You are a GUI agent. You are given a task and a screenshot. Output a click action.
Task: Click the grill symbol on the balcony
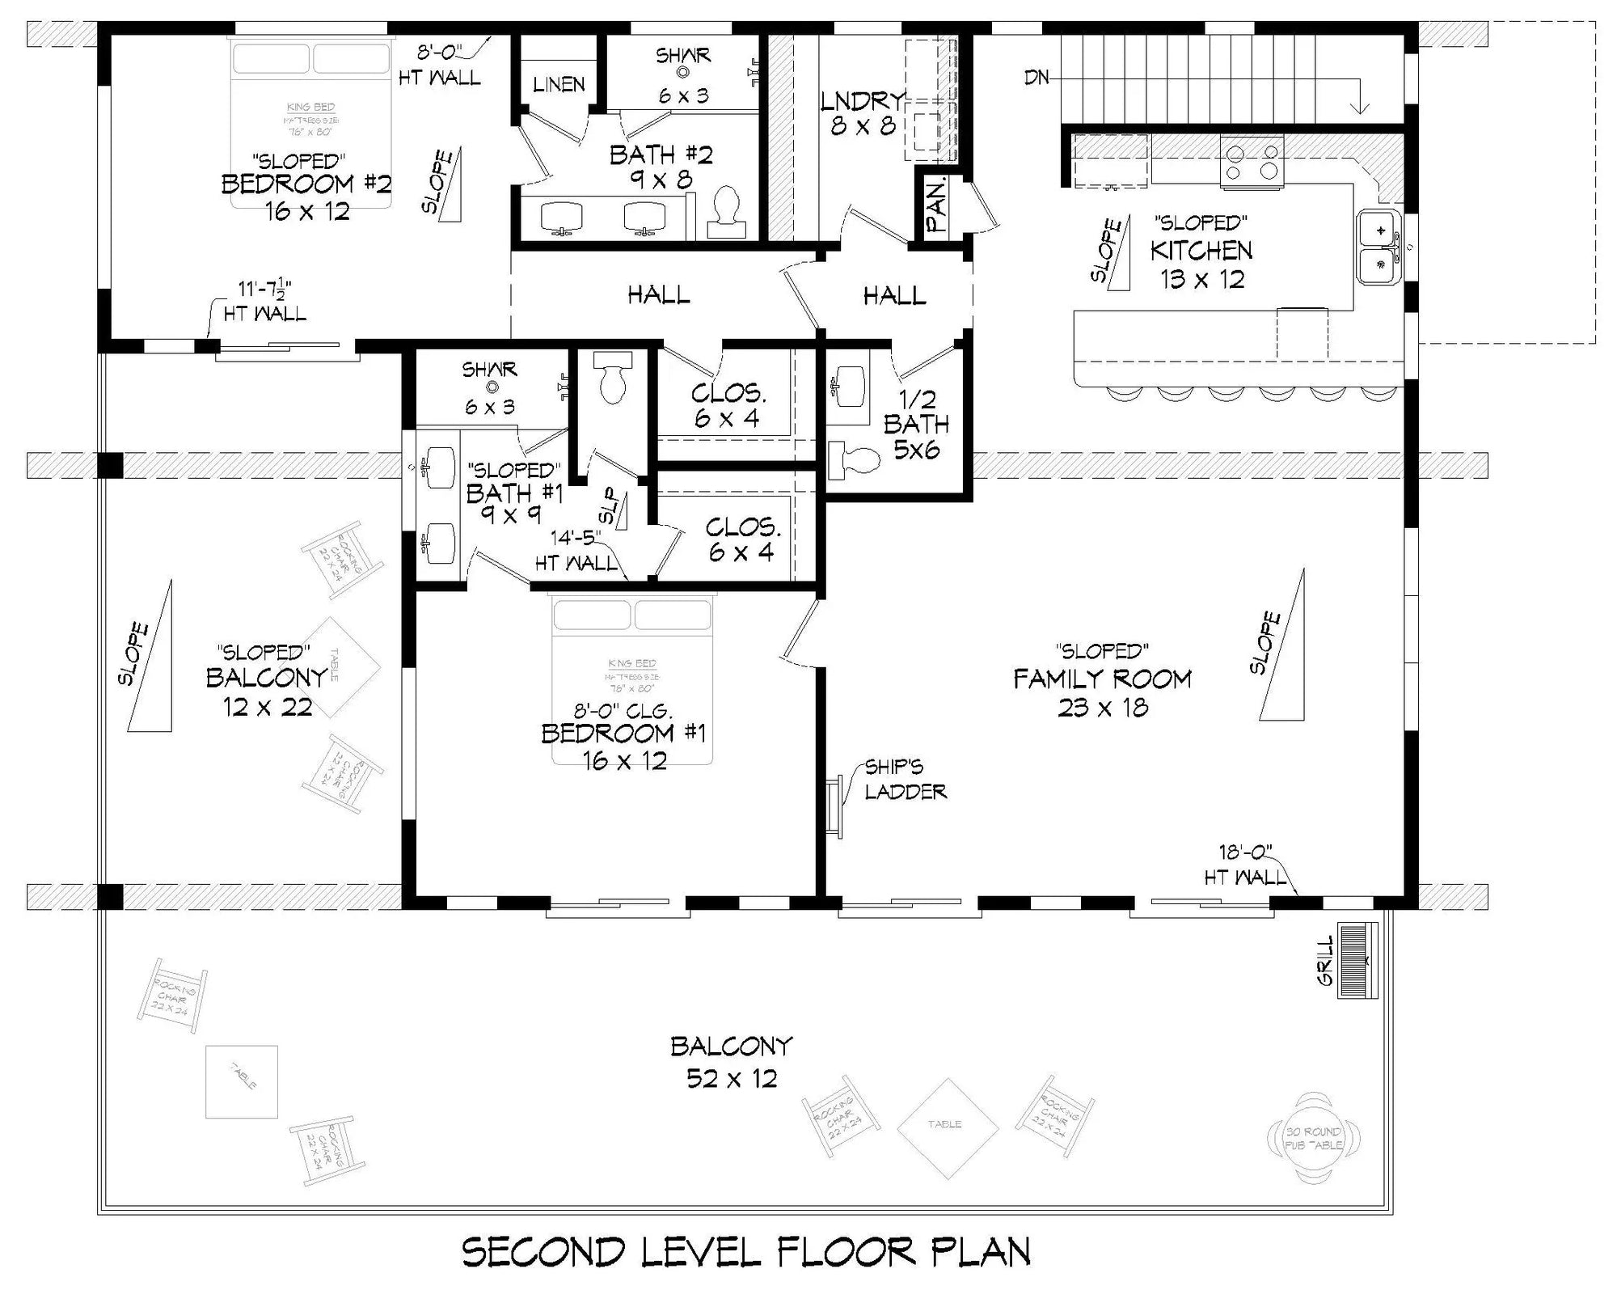point(1358,960)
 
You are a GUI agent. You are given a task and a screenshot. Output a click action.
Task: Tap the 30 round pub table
point(1314,1137)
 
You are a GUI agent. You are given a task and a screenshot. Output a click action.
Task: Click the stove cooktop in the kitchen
point(1252,162)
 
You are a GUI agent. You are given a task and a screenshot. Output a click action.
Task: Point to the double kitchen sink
point(1380,246)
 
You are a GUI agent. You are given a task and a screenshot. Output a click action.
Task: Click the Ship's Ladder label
point(904,779)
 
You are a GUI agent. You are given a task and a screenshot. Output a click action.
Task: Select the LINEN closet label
point(559,84)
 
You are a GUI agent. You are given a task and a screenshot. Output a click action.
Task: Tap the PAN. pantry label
point(936,206)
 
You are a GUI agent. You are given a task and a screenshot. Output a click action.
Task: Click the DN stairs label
point(1036,78)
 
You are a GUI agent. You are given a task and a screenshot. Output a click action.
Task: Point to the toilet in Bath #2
point(726,212)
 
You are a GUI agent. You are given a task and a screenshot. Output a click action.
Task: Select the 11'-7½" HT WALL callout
point(264,301)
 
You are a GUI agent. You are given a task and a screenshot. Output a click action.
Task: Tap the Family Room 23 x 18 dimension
point(1103,708)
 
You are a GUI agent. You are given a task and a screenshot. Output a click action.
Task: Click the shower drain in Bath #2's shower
point(683,73)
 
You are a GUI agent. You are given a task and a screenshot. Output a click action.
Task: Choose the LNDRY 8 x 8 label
point(862,112)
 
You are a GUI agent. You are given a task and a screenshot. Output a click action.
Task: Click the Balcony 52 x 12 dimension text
point(731,1078)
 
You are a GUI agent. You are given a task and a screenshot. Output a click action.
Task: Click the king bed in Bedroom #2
point(310,121)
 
